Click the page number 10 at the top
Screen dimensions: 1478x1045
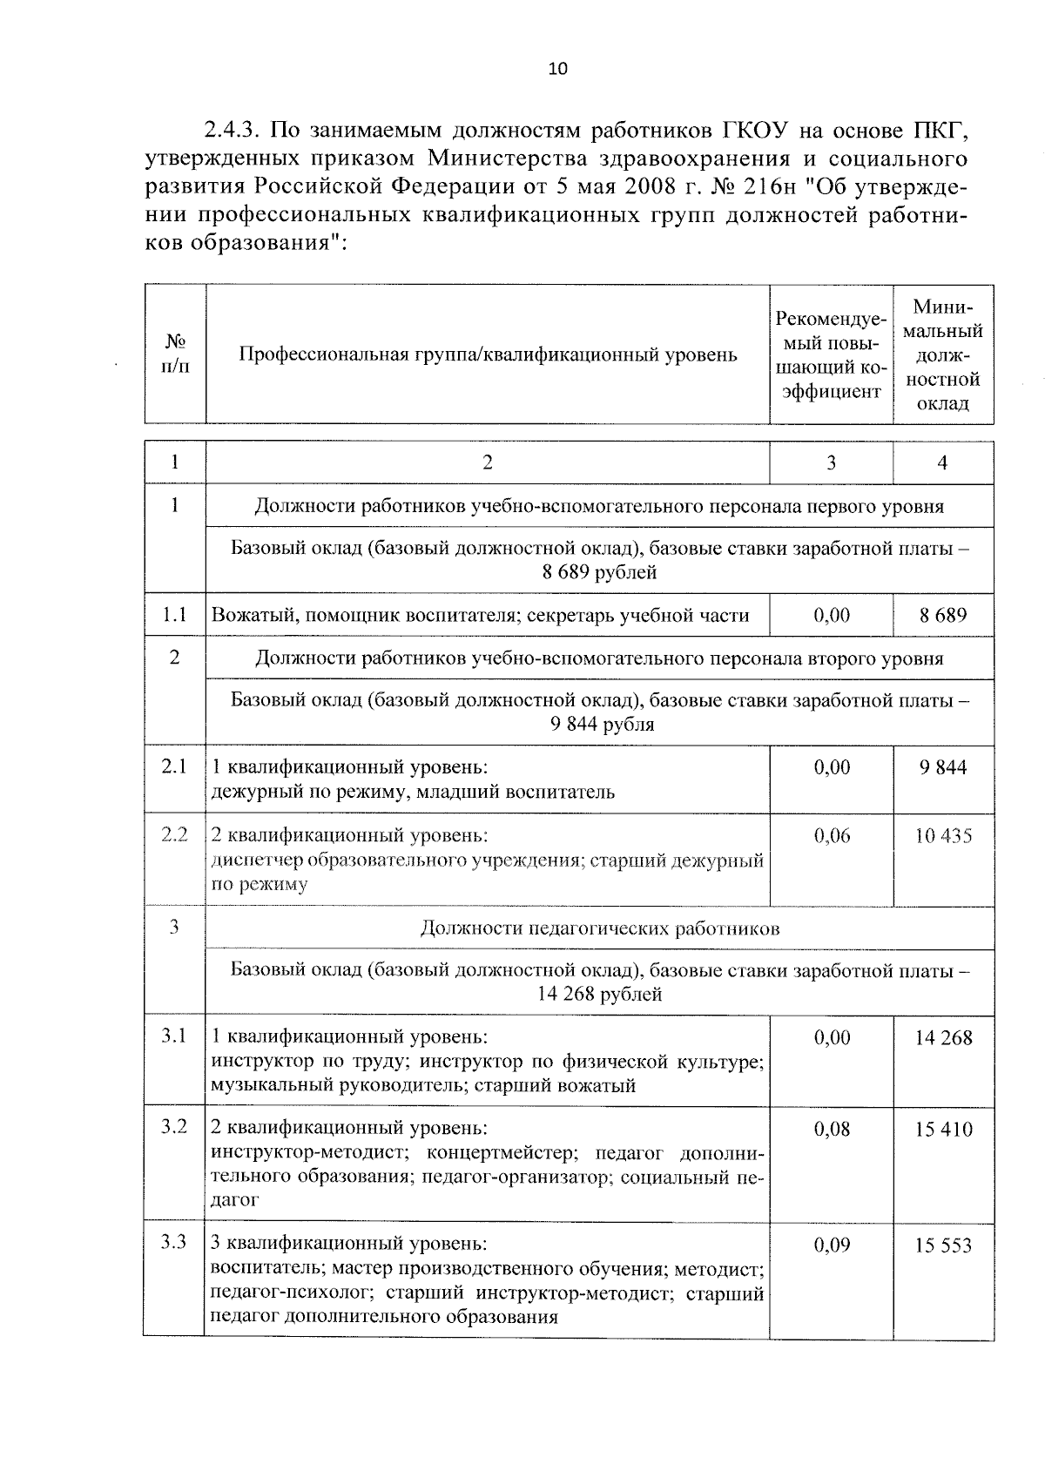(x=557, y=70)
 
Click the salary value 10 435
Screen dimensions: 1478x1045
(x=943, y=836)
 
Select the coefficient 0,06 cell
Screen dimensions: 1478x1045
(x=832, y=836)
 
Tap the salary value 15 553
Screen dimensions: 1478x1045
(x=943, y=1245)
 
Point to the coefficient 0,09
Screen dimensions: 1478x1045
(x=832, y=1245)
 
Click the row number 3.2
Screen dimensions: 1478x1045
(x=174, y=1126)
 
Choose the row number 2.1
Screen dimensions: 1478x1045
(x=174, y=766)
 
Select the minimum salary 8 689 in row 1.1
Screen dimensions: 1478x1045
(x=943, y=616)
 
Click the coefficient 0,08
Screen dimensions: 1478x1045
(x=832, y=1130)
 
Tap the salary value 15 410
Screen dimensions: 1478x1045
(x=943, y=1130)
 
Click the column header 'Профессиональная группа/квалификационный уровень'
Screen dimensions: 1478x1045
(x=488, y=354)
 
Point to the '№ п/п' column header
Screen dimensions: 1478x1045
(x=175, y=354)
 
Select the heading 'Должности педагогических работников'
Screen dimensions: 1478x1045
(x=599, y=928)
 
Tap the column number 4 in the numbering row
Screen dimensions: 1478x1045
(x=942, y=463)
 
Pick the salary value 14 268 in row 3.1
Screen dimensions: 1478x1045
(x=943, y=1038)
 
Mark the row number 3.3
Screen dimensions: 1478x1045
(x=174, y=1242)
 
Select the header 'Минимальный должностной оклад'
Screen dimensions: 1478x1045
(x=943, y=354)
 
